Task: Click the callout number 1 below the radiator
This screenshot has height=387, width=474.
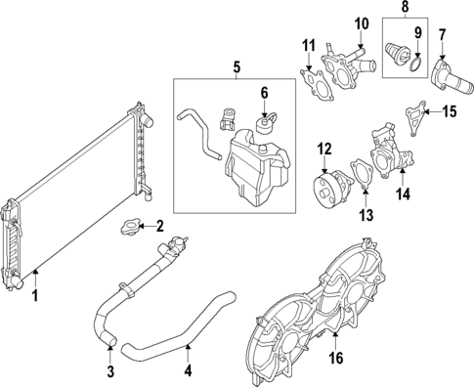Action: point(36,294)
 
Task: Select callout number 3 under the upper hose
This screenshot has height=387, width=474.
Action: point(110,370)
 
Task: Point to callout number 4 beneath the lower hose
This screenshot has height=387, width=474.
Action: point(189,370)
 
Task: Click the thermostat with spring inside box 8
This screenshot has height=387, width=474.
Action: point(397,53)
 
